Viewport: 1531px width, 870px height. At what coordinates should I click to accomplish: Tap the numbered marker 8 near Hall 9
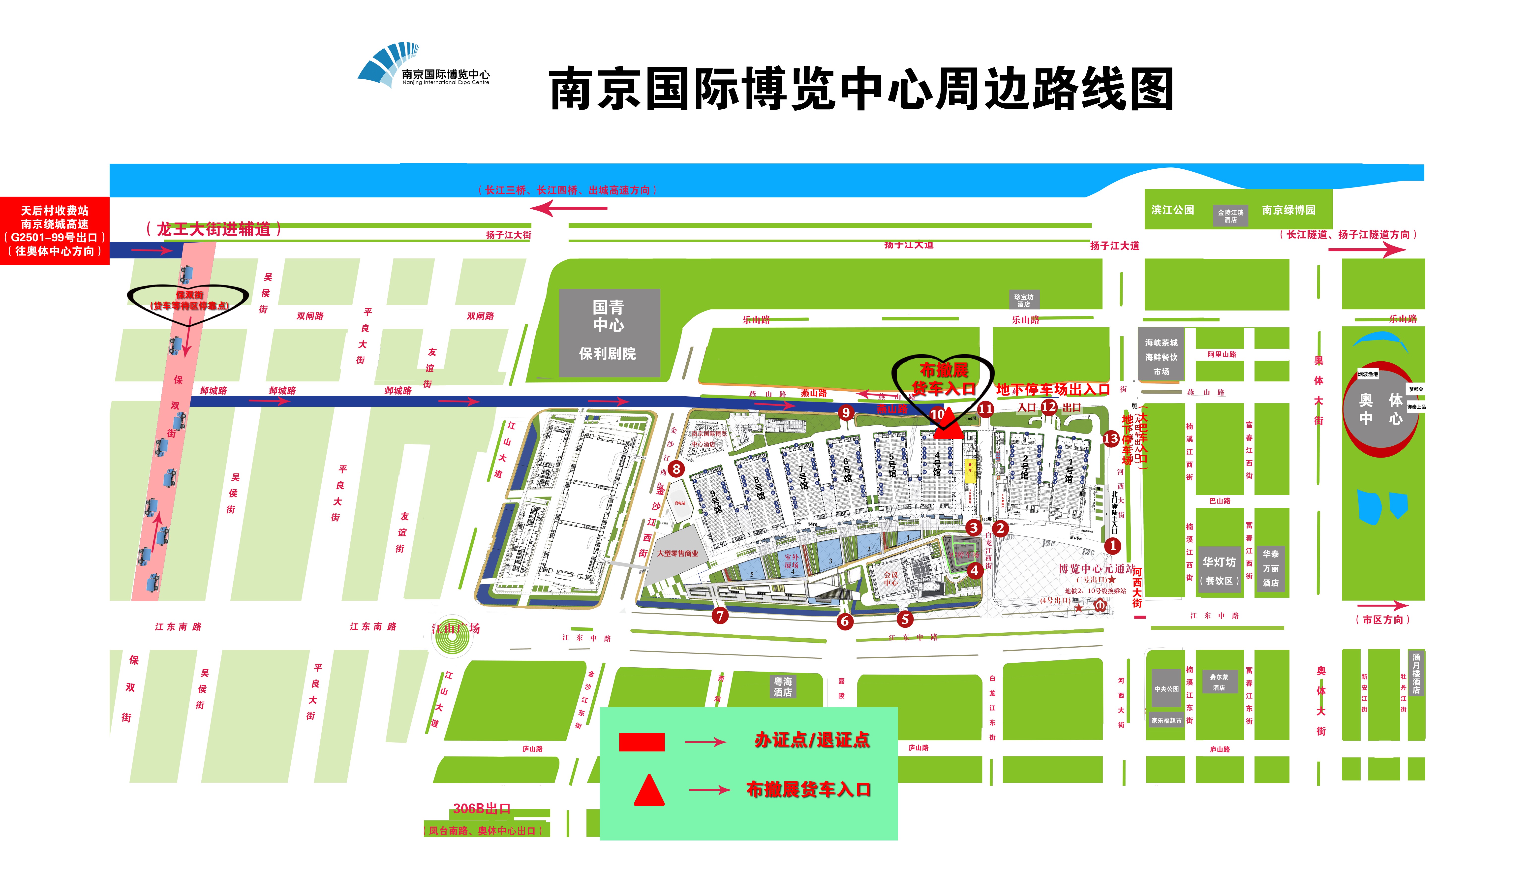[676, 468]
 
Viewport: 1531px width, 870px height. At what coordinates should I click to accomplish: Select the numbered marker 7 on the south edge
[720, 616]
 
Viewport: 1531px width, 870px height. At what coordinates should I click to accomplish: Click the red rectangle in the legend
[642, 742]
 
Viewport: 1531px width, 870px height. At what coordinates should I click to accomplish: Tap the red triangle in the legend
[649, 791]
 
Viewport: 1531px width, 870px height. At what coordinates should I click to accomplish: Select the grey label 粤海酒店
[783, 686]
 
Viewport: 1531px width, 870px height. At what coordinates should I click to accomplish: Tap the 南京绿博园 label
[1288, 210]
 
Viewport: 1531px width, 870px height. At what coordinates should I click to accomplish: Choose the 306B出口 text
[482, 808]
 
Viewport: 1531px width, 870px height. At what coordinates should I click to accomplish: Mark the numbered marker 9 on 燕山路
[845, 412]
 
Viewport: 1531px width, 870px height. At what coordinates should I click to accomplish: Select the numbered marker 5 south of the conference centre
[905, 619]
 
